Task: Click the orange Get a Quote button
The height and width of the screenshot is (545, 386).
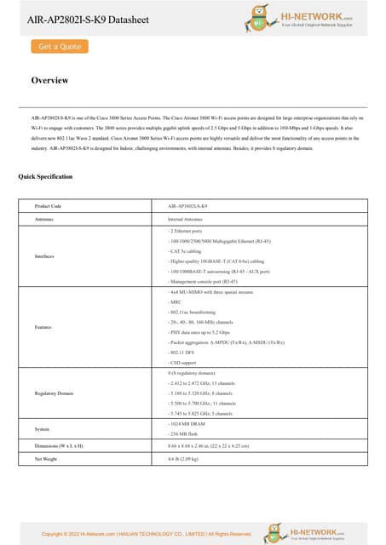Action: point(60,47)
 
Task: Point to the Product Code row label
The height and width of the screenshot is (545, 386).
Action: point(48,206)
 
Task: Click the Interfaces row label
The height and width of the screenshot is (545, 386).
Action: point(45,255)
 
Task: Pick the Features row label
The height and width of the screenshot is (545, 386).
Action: point(43,327)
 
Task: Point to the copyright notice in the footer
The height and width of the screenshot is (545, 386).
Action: point(147,534)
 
